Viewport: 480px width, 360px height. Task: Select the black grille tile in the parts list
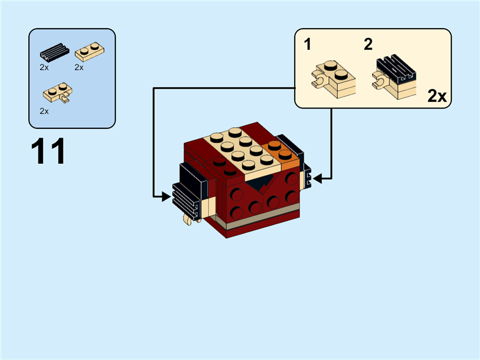[54, 53]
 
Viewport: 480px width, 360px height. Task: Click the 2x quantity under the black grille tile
[44, 68]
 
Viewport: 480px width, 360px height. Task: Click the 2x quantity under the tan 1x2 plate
[79, 68]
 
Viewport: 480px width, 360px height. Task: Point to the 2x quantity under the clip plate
[44, 111]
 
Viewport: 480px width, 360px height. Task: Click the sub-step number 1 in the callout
[307, 44]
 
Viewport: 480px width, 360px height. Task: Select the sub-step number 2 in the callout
[368, 44]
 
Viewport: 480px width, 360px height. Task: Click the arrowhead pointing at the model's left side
[167, 196]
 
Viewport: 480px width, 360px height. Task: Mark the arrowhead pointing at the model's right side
[316, 178]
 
